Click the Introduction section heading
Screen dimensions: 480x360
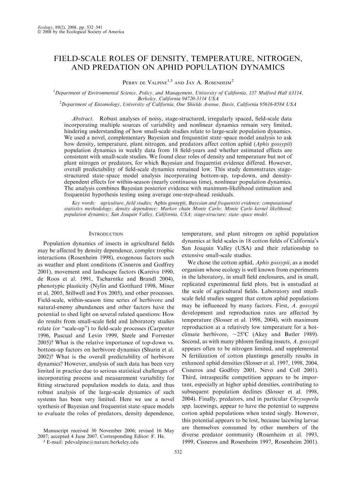point(106,234)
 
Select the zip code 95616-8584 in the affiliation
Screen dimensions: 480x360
point(272,104)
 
